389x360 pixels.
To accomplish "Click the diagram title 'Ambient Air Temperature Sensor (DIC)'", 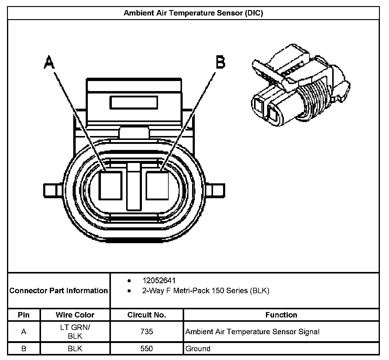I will (193, 13).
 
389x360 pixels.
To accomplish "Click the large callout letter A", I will (49, 62).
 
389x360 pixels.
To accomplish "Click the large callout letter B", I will (220, 62).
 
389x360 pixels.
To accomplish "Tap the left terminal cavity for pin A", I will (111, 185).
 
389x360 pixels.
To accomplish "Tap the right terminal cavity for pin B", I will (157, 185).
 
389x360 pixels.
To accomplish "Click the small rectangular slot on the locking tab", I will (134, 103).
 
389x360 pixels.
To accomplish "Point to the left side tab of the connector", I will (50, 191).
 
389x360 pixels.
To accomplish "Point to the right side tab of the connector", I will (218, 191).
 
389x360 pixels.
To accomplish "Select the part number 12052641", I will (159, 280).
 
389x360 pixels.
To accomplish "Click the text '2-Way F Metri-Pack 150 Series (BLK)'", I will (206, 291).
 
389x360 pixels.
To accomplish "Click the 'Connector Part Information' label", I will (59, 291).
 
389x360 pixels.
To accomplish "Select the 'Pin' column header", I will (24, 315).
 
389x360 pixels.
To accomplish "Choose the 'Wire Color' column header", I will (75, 315).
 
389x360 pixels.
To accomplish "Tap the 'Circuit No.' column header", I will (146, 315).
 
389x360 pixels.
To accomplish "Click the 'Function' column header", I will (281, 315).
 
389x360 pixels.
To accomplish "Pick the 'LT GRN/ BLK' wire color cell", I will (75, 331).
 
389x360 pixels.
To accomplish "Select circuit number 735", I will (146, 331).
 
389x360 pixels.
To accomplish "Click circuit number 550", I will (146, 348).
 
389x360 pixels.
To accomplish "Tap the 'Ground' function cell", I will (198, 348).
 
